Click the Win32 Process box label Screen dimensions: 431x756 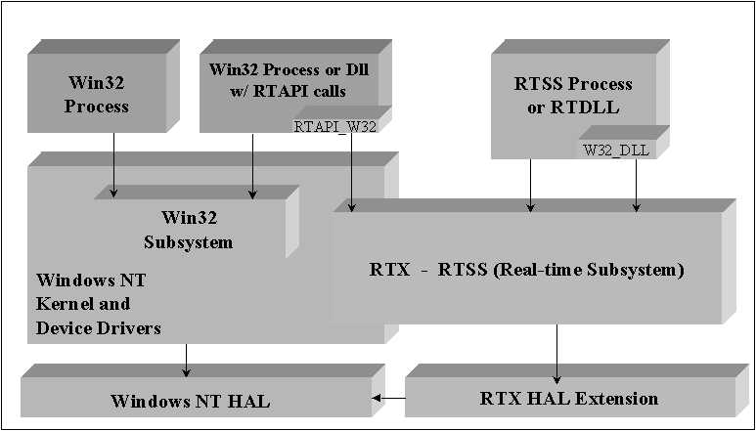point(97,95)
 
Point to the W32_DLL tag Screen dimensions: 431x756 point(615,150)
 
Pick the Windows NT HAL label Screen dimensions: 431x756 point(190,401)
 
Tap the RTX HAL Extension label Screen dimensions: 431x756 point(569,398)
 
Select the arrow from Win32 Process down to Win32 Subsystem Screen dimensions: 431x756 point(114,162)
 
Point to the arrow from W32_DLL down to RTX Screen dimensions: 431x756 point(637,184)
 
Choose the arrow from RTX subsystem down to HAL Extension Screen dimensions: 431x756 point(557,352)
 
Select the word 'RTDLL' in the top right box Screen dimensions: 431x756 point(580,108)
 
